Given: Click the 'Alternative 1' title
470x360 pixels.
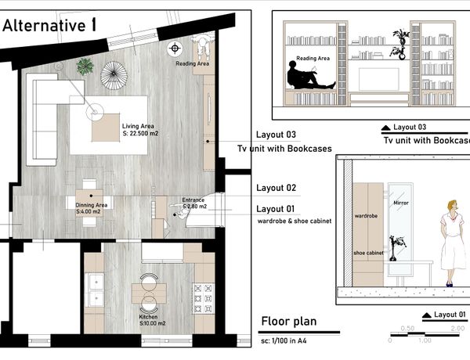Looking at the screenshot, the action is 49,25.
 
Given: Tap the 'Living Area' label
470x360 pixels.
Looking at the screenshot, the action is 138,126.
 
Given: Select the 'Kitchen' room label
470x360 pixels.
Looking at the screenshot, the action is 148,317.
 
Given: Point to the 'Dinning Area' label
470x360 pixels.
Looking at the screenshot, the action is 91,205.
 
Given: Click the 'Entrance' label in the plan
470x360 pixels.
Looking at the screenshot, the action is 193,200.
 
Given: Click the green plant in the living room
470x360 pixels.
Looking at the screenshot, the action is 85,67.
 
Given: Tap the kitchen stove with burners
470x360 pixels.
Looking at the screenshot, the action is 203,298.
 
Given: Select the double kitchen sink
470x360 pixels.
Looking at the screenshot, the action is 96,290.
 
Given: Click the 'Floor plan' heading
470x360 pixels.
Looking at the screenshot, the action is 289,321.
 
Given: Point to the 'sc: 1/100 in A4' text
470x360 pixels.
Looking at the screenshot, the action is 284,340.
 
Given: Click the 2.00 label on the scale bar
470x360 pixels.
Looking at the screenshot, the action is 457,328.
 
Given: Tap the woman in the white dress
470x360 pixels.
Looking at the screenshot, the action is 451,243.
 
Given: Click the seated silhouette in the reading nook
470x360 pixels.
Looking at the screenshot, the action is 309,76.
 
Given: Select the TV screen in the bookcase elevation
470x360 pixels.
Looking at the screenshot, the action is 379,79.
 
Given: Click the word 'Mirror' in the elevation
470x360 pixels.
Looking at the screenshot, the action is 401,203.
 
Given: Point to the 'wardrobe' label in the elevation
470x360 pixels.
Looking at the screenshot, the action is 366,216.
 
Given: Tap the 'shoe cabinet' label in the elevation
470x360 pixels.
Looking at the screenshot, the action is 368,253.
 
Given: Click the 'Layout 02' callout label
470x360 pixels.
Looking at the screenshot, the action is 276,188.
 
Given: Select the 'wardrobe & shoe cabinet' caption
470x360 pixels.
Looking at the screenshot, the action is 295,221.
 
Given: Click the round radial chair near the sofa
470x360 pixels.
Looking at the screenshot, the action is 114,75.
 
